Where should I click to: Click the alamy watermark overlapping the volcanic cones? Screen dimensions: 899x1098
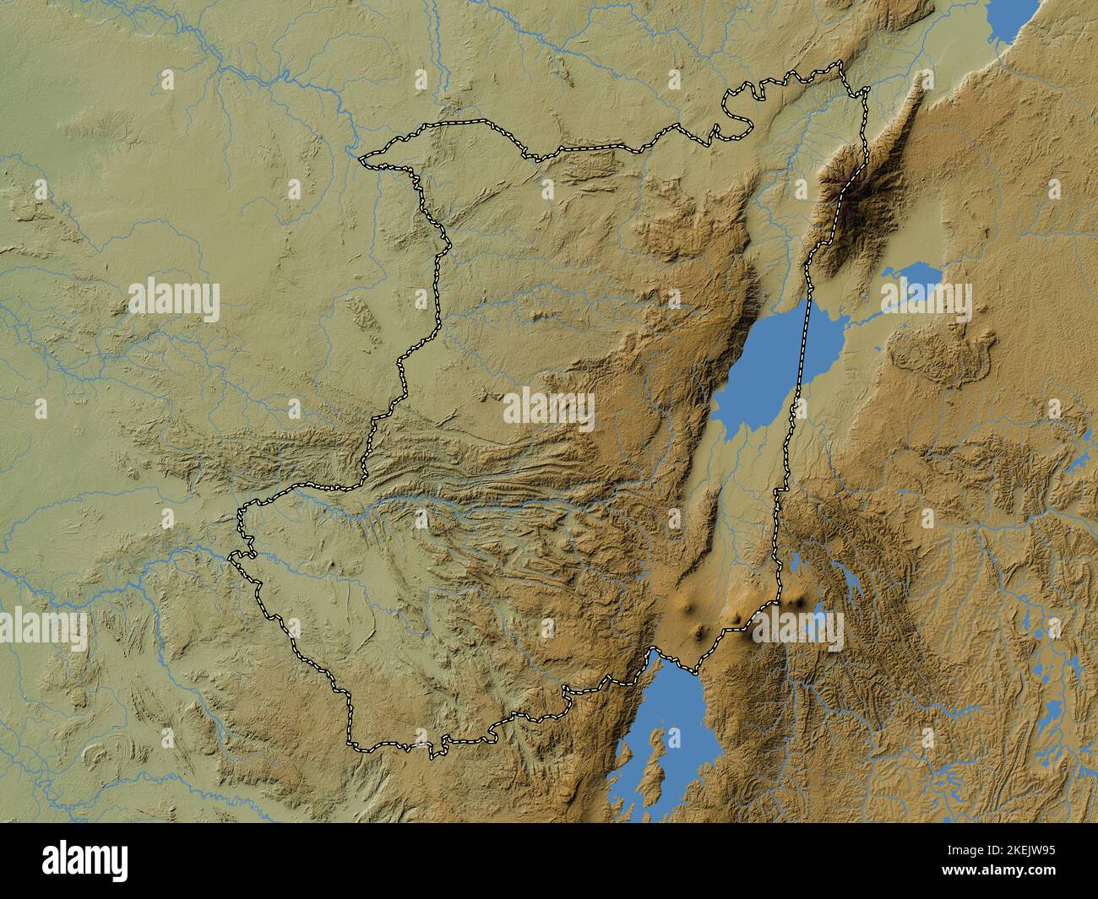click(x=798, y=628)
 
